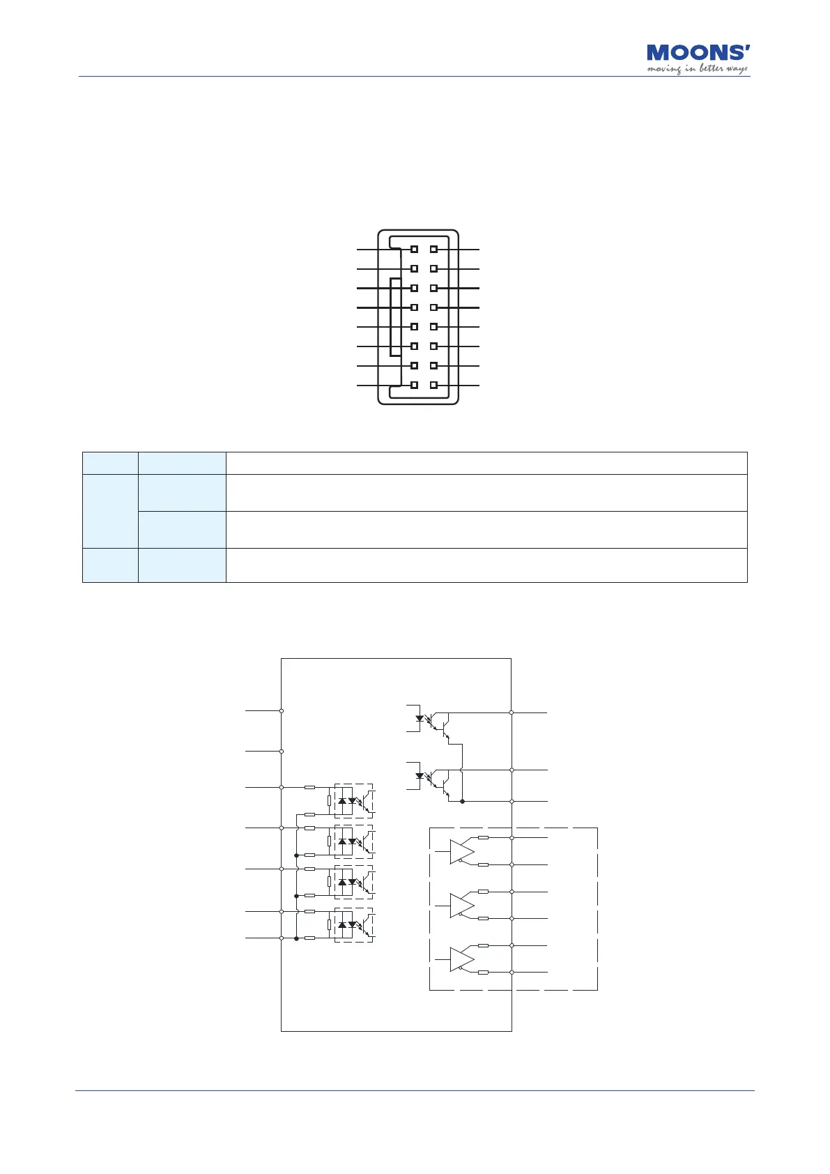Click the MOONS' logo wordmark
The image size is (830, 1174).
coord(698,53)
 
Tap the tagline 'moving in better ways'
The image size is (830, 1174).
coord(697,69)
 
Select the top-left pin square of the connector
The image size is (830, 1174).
coord(414,249)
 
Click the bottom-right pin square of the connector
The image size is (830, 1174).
coord(433,385)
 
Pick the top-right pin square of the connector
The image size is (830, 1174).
coord(433,249)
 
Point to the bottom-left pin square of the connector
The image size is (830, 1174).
coord(414,385)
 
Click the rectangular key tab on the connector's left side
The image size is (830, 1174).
coord(396,317)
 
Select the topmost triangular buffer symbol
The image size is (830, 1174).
coord(461,852)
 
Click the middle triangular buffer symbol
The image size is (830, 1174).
coord(461,906)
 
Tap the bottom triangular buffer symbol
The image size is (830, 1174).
coord(461,959)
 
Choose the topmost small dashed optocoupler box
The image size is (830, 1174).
coord(354,800)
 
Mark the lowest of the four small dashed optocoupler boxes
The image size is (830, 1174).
coord(354,925)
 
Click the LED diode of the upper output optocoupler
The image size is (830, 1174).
coord(420,718)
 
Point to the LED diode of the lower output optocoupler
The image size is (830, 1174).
coord(420,775)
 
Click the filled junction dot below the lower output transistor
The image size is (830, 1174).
coord(463,802)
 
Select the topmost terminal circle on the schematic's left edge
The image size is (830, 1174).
coord(281,710)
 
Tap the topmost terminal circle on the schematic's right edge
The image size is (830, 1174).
coord(512,712)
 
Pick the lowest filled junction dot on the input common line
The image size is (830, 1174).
coord(297,938)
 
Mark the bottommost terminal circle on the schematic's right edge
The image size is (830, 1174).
coord(512,972)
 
